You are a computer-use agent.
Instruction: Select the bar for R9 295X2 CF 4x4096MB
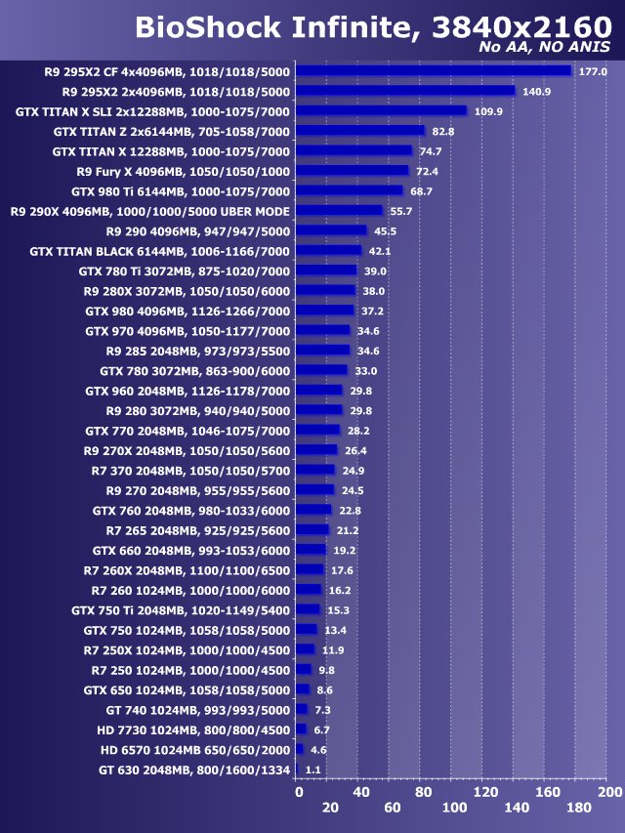(434, 70)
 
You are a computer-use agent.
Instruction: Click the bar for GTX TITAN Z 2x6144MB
(360, 131)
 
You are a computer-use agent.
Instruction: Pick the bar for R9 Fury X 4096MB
(353, 171)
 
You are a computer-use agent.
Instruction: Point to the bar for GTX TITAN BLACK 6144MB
(329, 250)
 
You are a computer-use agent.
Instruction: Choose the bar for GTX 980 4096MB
(325, 311)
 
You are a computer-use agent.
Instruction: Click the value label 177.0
(593, 71)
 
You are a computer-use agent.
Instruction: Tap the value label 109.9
(488, 111)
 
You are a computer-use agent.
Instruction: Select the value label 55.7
(402, 211)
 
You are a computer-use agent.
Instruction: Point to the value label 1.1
(313, 770)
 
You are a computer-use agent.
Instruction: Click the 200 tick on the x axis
(609, 792)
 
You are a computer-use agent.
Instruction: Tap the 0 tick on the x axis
(299, 792)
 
